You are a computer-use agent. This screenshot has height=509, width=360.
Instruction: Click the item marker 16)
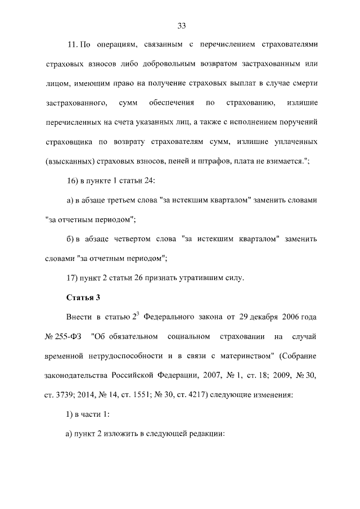point(75,181)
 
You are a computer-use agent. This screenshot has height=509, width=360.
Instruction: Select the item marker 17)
point(75,277)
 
